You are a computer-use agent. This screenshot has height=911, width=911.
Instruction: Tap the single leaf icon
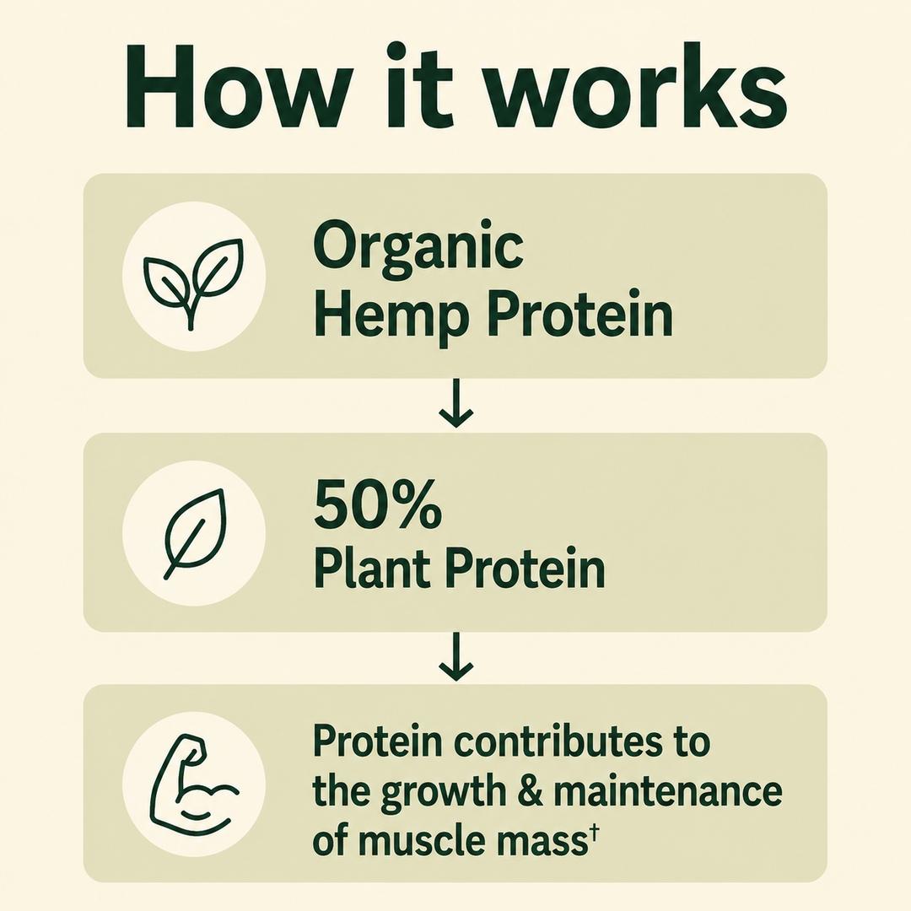[194, 533]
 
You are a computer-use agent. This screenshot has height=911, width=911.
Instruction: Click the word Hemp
[391, 315]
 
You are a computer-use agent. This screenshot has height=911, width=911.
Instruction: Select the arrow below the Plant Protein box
[456, 656]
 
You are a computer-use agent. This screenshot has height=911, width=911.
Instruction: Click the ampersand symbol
[531, 790]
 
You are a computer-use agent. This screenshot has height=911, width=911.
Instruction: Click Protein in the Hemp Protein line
[579, 315]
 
